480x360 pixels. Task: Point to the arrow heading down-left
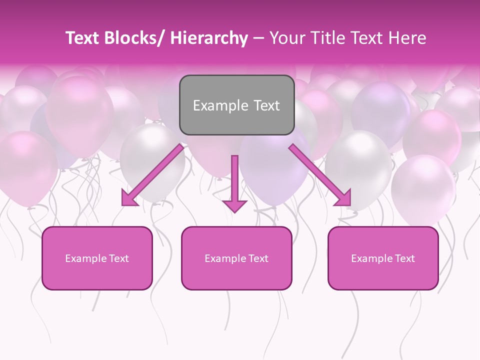point(152,175)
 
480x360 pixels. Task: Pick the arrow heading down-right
point(320,175)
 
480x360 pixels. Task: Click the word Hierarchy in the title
point(209,38)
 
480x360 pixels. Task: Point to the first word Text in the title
point(81,38)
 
